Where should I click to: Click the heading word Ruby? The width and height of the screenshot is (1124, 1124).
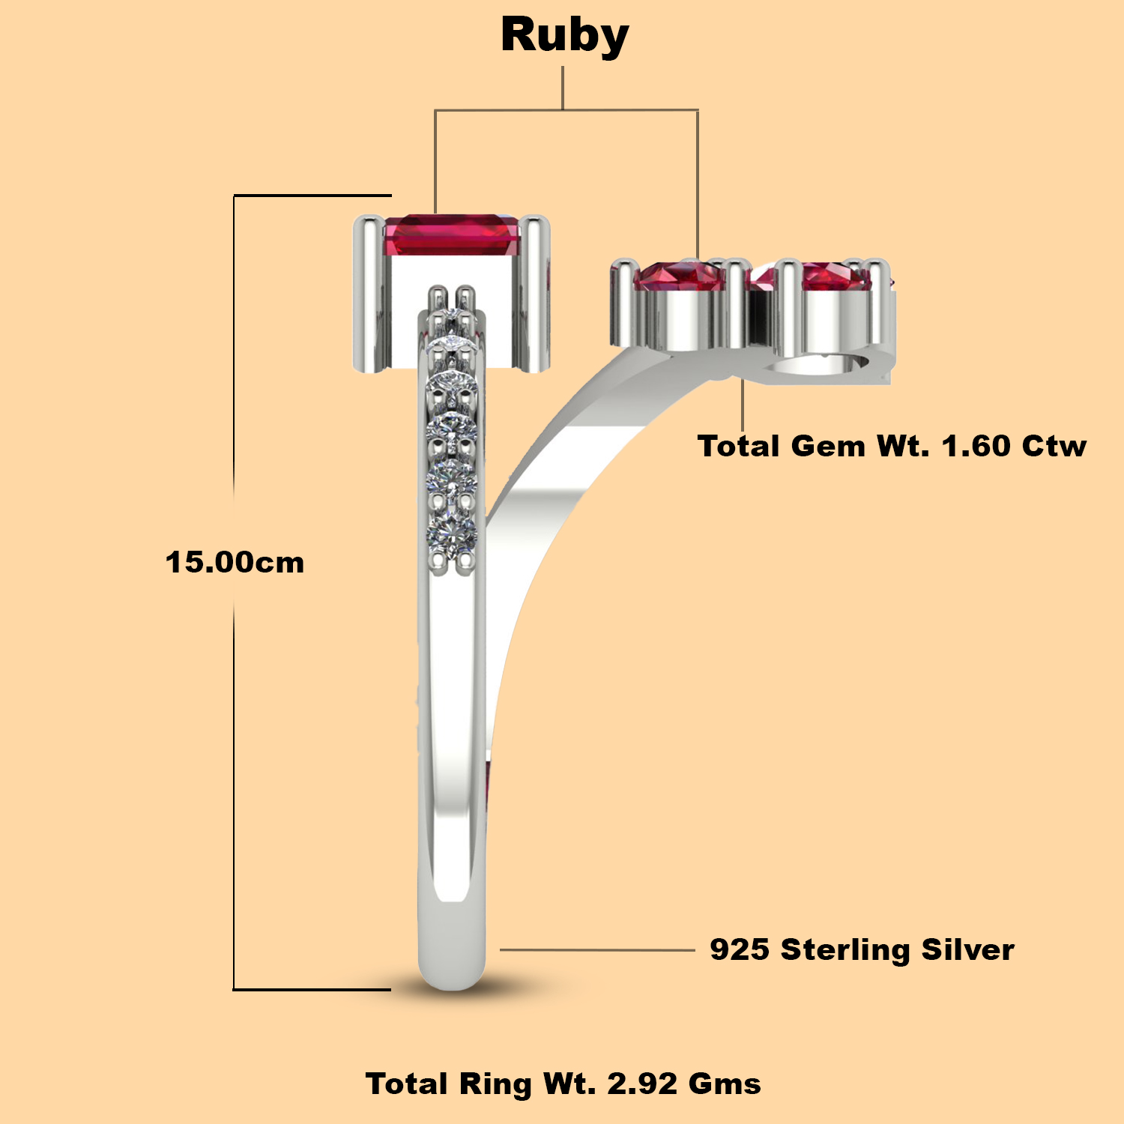[x=565, y=37]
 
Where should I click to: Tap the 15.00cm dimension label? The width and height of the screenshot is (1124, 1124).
[x=235, y=563]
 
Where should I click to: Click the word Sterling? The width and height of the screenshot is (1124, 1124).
[x=845, y=950]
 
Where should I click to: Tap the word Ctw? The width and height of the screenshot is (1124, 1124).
[x=1054, y=446]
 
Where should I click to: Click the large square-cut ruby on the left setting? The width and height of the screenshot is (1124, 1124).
[x=452, y=235]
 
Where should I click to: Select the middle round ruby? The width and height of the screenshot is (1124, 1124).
[x=680, y=276]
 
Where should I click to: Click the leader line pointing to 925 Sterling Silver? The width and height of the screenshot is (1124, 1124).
[x=598, y=949]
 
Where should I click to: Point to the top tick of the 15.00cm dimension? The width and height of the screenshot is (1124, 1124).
[x=312, y=196]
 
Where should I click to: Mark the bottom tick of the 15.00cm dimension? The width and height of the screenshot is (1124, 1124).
[x=312, y=989]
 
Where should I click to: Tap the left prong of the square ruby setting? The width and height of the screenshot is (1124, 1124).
[x=369, y=292]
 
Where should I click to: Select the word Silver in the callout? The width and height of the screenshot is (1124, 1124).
[x=967, y=949]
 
